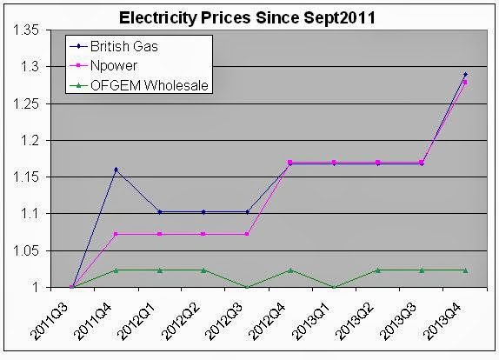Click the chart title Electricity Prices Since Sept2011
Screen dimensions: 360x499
249,15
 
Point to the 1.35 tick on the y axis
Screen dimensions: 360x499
27,30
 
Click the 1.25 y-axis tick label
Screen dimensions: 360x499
27,103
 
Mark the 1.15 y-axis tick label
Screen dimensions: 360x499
27,177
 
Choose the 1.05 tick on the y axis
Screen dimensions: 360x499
27,250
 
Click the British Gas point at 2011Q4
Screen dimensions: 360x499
116,169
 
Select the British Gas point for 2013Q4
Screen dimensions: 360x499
464,74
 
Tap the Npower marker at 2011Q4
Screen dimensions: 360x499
116,234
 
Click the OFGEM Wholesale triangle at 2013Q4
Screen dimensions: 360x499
464,270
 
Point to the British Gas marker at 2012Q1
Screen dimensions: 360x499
159,211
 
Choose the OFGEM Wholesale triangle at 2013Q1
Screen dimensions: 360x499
334,287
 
